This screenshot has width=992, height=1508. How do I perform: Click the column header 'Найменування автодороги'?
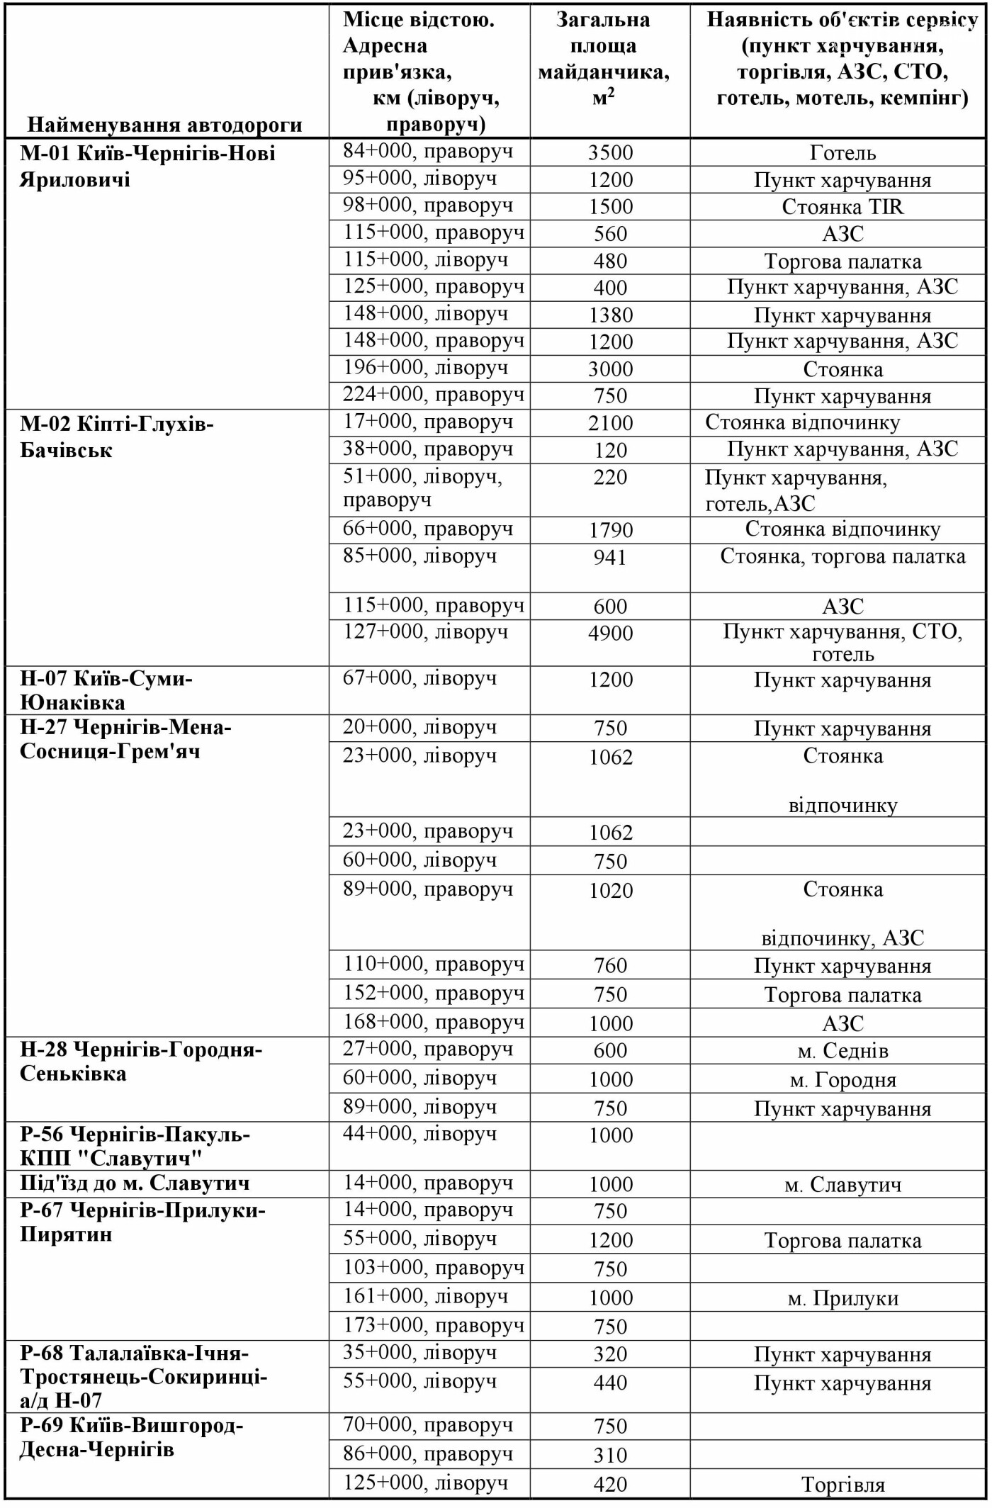pos(164,125)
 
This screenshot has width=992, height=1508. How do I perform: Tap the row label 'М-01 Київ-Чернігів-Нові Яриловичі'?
pos(147,166)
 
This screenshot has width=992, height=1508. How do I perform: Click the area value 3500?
pos(610,153)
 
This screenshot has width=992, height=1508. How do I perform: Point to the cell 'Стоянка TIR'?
pos(842,207)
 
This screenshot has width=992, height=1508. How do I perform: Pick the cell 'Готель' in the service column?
pos(842,153)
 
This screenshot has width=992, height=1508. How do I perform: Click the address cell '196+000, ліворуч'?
pos(425,368)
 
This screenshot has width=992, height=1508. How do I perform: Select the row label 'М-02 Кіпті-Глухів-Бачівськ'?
pos(117,437)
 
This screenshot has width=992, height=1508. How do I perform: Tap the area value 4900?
pos(610,634)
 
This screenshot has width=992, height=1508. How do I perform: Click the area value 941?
pos(610,558)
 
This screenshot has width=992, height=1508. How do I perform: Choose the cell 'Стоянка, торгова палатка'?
pos(842,557)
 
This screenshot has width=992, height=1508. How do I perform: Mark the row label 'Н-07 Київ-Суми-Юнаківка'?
pos(106,690)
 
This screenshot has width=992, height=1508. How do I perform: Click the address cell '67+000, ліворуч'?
pos(419,679)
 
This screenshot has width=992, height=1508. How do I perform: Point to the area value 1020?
pos(610,891)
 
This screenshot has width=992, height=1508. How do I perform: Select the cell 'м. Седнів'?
pos(842,1051)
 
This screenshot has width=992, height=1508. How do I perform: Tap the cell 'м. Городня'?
pos(842,1080)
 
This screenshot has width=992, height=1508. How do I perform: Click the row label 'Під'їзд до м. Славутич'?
pos(135,1183)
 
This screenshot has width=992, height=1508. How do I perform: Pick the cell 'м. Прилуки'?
pos(842,1298)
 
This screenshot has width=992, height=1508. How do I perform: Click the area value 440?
pos(610,1383)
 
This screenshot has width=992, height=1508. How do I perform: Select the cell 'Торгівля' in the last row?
pos(842,1485)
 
